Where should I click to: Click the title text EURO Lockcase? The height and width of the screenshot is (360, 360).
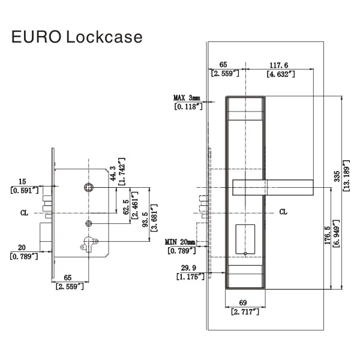pyautogui.click(x=76, y=37)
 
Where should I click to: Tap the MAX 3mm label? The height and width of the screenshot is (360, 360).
pyautogui.click(x=187, y=97)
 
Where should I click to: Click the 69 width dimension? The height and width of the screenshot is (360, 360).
pyautogui.click(x=244, y=303)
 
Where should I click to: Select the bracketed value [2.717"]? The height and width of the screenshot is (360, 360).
pyautogui.click(x=244, y=312)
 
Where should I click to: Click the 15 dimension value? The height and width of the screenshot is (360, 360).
pyautogui.click(x=22, y=181)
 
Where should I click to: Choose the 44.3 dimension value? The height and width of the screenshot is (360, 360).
pyautogui.click(x=112, y=171)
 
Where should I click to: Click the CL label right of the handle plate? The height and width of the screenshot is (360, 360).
pyautogui.click(x=283, y=212)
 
